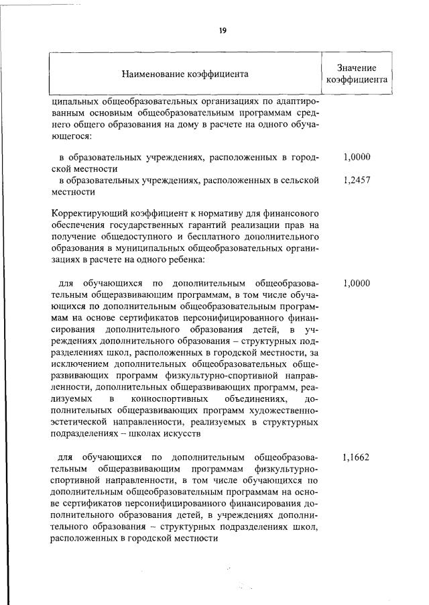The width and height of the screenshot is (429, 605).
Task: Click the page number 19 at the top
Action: [222, 30]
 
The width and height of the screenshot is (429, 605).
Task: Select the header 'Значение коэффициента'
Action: [356, 73]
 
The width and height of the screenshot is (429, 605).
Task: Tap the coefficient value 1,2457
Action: [357, 180]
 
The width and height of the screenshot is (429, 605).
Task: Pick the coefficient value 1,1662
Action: [356, 458]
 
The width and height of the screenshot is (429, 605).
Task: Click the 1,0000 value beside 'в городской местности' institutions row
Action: [357, 158]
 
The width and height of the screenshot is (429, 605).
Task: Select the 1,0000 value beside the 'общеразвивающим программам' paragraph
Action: [357, 283]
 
